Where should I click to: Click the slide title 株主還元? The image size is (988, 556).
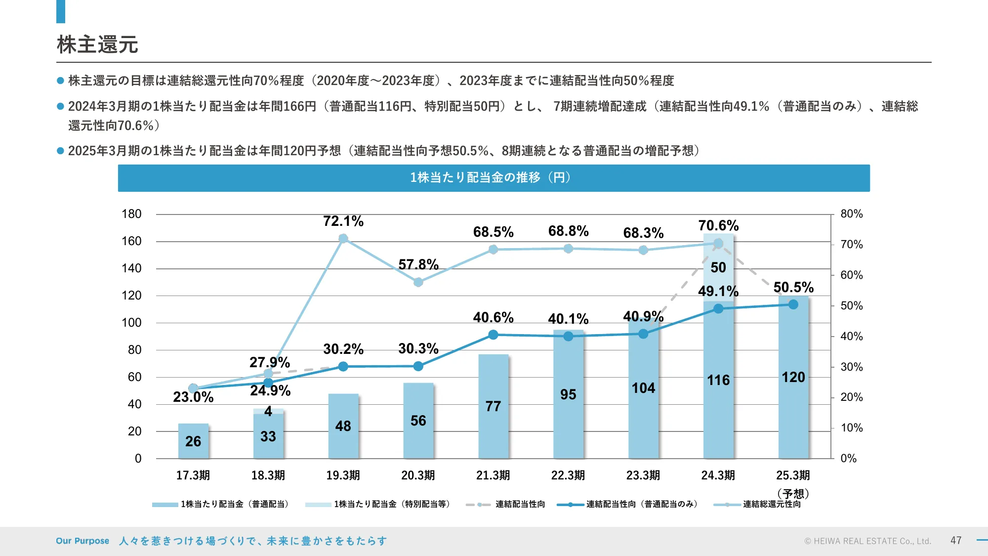pyautogui.click(x=97, y=44)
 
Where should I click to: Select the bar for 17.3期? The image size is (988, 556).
pyautogui.click(x=193, y=440)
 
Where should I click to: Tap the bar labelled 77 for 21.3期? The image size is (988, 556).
pyautogui.click(x=493, y=406)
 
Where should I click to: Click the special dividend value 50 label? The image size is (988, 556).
pyautogui.click(x=718, y=267)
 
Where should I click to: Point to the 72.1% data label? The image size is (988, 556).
pyautogui.click(x=343, y=221)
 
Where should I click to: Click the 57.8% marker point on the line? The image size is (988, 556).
pyautogui.click(x=418, y=282)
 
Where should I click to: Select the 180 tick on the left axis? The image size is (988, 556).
pyautogui.click(x=131, y=214)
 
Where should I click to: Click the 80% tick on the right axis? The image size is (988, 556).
pyautogui.click(x=852, y=214)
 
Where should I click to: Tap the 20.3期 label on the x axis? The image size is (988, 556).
pyautogui.click(x=418, y=475)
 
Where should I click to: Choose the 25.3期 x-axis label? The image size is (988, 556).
pyautogui.click(x=793, y=475)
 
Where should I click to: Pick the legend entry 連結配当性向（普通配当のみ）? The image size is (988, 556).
pyautogui.click(x=641, y=504)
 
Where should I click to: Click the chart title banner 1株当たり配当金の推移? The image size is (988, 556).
pyautogui.click(x=494, y=177)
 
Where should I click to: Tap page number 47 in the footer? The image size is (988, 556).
pyautogui.click(x=956, y=541)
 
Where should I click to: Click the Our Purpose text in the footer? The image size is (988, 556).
pyautogui.click(x=82, y=541)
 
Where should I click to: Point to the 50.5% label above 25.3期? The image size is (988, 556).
pyautogui.click(x=793, y=287)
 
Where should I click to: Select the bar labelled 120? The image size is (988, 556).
pyautogui.click(x=793, y=377)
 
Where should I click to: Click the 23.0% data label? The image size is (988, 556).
pyautogui.click(x=193, y=397)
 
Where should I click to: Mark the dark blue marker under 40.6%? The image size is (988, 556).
pyautogui.click(x=493, y=335)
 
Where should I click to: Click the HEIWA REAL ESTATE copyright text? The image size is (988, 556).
pyautogui.click(x=867, y=541)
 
